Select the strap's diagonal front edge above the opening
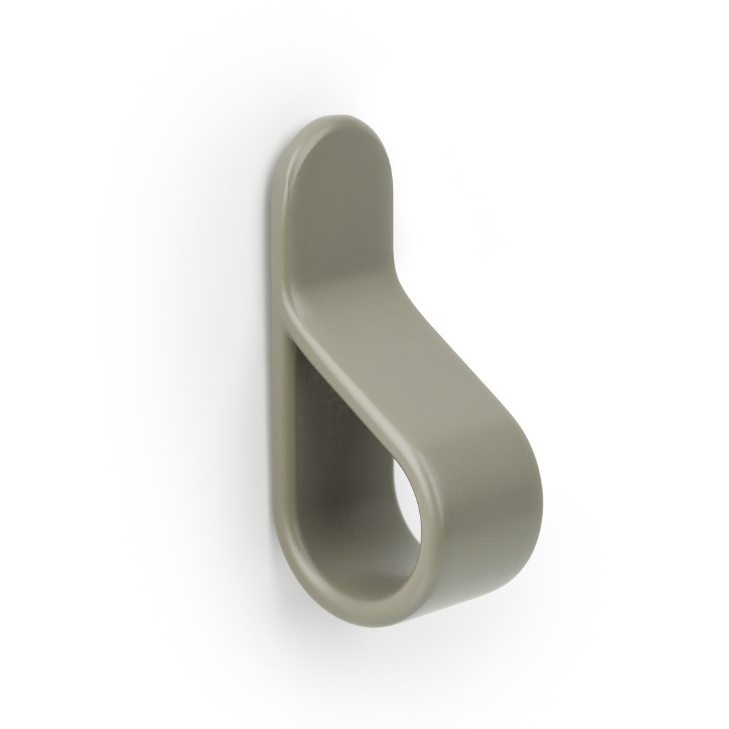tap(351, 398)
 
